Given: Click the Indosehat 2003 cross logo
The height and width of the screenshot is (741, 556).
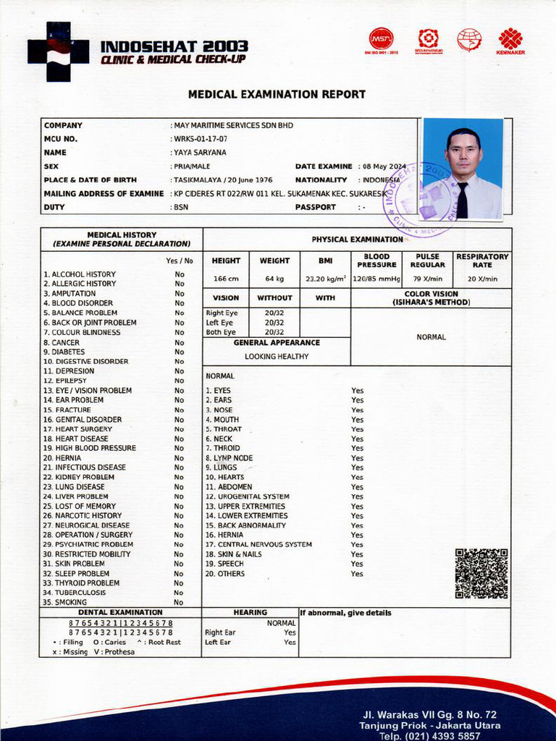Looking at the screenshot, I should [x=58, y=51].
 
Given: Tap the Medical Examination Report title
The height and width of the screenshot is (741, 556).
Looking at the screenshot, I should [x=277, y=95].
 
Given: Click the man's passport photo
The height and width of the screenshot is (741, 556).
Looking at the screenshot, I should [x=463, y=169].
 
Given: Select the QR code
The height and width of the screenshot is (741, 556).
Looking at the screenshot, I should [x=481, y=573].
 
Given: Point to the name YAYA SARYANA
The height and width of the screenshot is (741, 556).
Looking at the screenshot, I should [x=200, y=153].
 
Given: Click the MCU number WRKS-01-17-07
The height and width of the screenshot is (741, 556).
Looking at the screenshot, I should [x=201, y=139].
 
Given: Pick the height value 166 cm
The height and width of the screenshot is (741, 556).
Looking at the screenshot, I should [x=226, y=279].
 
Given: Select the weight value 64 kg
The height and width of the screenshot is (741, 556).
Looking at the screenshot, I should [x=274, y=279].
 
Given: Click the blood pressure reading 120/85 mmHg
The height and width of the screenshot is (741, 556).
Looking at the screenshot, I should [x=376, y=279].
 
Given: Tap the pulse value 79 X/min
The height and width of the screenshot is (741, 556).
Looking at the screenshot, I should [x=428, y=279].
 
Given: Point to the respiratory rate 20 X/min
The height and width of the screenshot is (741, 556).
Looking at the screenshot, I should [x=482, y=279].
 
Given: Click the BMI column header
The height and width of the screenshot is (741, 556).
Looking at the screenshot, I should [x=325, y=261].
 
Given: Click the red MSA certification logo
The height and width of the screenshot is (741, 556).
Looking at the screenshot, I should [x=382, y=40].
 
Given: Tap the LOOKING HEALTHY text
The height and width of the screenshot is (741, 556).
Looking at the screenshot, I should [x=277, y=356].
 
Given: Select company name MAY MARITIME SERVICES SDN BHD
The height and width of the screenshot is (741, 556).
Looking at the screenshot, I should [x=233, y=125].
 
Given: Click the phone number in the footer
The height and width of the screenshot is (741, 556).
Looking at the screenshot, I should [x=430, y=736].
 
